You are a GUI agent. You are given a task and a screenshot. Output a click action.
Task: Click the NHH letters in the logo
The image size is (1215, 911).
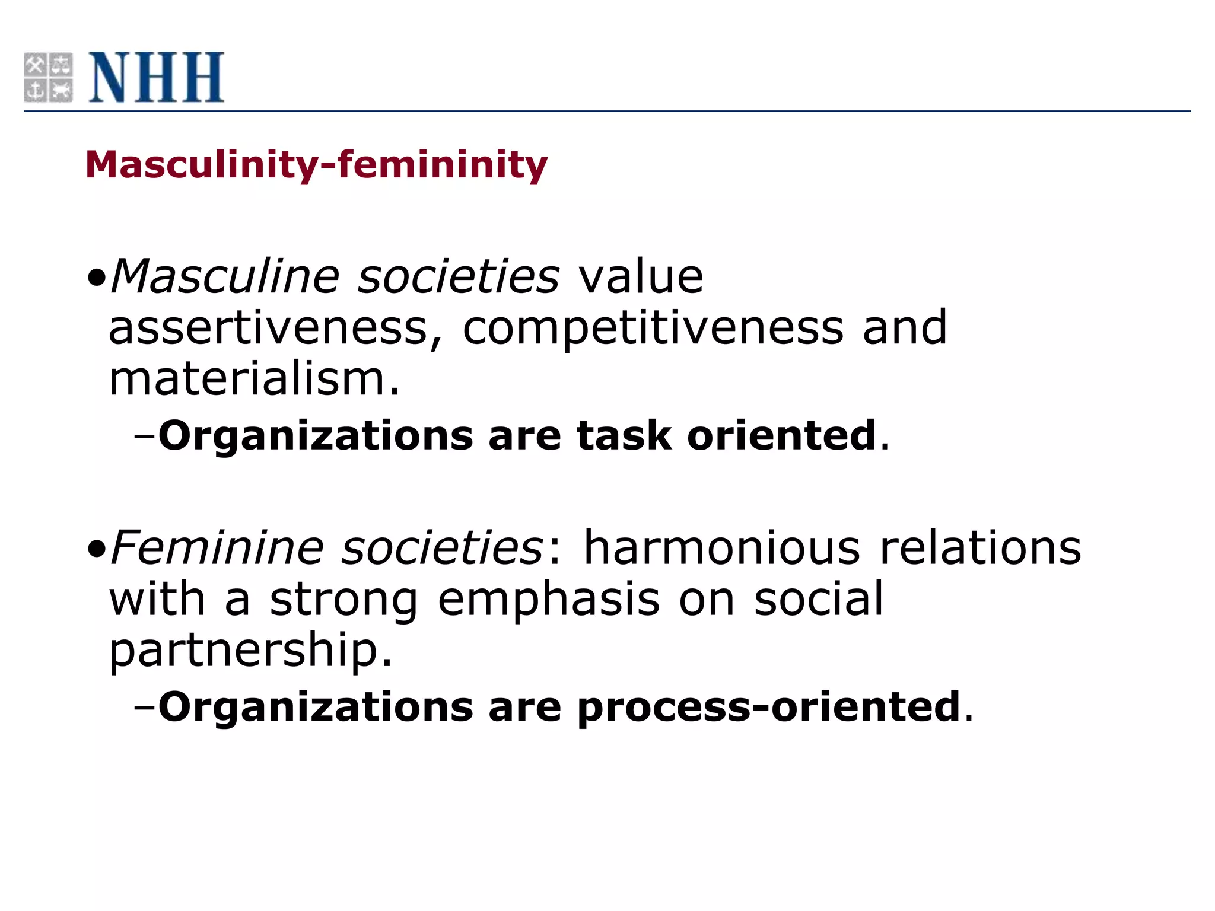pos(157,77)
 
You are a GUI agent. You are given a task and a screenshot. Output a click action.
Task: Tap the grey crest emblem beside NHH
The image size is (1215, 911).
pos(48,77)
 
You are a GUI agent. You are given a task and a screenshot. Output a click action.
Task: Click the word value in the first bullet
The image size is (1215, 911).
pos(641,276)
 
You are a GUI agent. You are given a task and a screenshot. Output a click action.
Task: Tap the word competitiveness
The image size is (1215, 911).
pos(653,328)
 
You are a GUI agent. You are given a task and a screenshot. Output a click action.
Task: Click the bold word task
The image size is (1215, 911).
pos(624,436)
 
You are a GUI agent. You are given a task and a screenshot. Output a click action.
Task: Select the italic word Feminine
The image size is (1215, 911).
pos(217,547)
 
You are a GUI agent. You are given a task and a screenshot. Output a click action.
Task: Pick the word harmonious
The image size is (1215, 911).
pos(721,547)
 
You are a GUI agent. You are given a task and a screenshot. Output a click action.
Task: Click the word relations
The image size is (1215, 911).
pos(980,547)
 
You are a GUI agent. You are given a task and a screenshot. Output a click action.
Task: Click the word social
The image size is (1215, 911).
pos(819,599)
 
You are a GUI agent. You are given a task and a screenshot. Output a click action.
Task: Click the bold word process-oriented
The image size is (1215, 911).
pos(769,707)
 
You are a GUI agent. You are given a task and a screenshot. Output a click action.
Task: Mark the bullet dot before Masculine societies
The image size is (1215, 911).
pos(96,278)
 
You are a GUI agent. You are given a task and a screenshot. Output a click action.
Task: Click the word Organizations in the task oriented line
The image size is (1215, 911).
pos(316,436)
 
